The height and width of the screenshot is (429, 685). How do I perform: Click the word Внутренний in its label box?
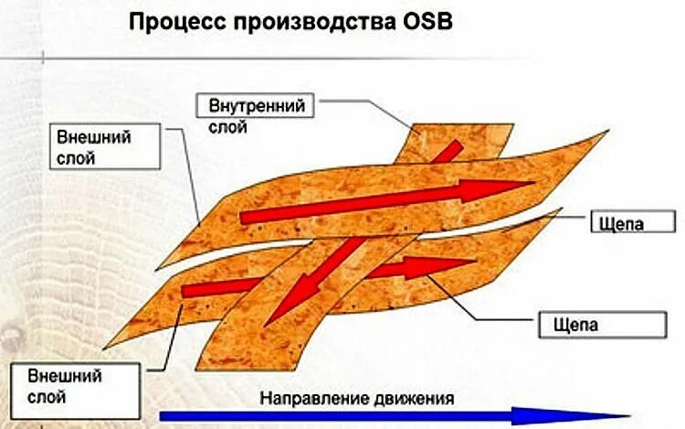pos(256,106)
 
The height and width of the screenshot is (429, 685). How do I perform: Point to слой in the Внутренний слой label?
pos(227,127)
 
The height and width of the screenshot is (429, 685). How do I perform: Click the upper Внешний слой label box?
pos(107,147)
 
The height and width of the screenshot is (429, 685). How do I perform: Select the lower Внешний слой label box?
pos(75,387)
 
